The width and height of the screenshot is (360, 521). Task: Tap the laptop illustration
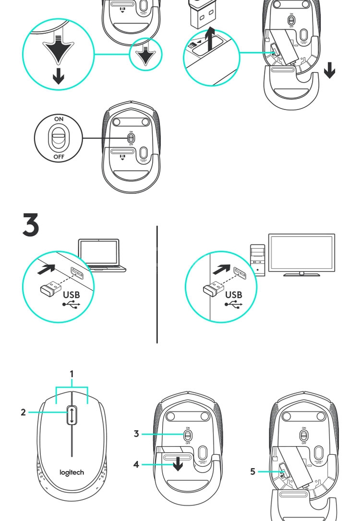[x=101, y=254]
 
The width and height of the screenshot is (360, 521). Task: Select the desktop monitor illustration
[x=301, y=254]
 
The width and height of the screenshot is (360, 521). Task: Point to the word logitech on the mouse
[x=72, y=472]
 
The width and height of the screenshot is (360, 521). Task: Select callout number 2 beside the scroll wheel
[x=24, y=412]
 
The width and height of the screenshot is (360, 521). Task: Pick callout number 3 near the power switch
[x=137, y=434]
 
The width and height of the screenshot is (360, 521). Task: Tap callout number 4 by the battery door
[x=137, y=465]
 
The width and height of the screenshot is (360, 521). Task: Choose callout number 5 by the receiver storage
[x=253, y=472]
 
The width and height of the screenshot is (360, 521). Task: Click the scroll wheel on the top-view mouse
[x=72, y=414]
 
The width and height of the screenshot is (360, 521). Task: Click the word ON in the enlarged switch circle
[x=58, y=118]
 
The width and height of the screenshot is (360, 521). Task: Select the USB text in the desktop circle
[x=234, y=293]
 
